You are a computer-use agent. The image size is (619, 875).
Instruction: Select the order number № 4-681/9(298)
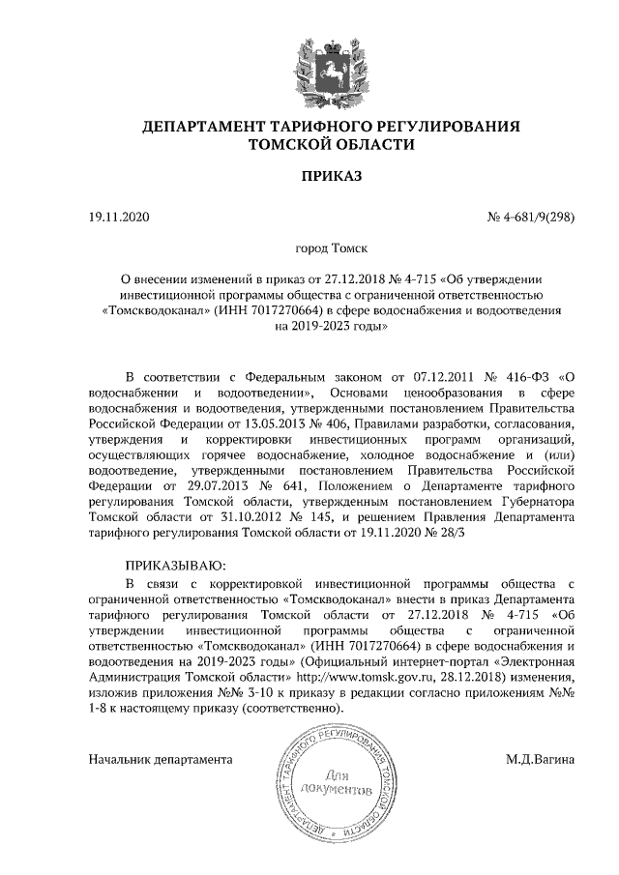[531, 218]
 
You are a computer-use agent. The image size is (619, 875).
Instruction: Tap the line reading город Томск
[331, 248]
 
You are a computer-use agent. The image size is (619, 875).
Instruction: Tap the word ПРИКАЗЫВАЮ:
[175, 565]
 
